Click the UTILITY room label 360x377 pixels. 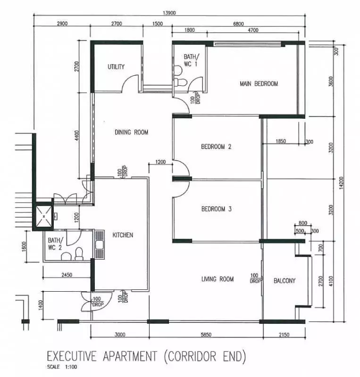pyautogui.click(x=116, y=66)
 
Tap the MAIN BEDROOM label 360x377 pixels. pyautogui.click(x=259, y=84)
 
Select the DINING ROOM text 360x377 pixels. pyautogui.click(x=131, y=132)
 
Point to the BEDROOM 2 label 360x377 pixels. pyautogui.click(x=216, y=147)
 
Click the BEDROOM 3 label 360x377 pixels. pyautogui.click(x=216, y=209)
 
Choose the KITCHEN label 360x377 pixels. pyautogui.click(x=123, y=235)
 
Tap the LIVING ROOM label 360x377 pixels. pyautogui.click(x=218, y=279)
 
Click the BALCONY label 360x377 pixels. pyautogui.click(x=285, y=280)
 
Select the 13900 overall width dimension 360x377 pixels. pyautogui.click(x=169, y=13)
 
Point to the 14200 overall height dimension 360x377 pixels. pyautogui.click(x=341, y=183)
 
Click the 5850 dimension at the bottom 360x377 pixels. pyautogui.click(x=206, y=335)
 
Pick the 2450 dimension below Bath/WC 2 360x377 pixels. pyautogui.click(x=67, y=275)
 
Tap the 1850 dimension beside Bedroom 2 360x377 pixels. pyautogui.click(x=281, y=141)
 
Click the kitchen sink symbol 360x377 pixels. pyautogui.click(x=100, y=245)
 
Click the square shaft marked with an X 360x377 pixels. pyautogui.click(x=44, y=216)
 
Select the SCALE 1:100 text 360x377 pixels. pyautogui.click(x=62, y=367)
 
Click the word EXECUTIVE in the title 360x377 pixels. pyautogui.click(x=72, y=356)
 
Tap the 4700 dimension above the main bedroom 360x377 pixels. pyautogui.click(x=253, y=30)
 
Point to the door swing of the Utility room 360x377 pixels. pyautogui.click(x=129, y=81)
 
